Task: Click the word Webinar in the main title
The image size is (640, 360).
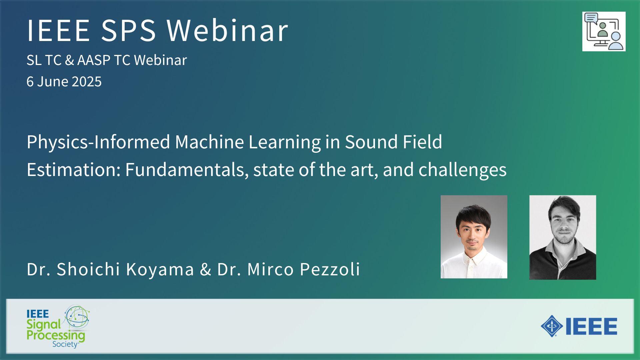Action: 227,30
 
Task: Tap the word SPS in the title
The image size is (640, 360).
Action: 128,30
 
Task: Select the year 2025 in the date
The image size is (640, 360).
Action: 86,82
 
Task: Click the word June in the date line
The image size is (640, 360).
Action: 52,82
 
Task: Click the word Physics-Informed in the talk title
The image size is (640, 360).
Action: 99,142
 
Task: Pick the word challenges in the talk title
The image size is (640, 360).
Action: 462,170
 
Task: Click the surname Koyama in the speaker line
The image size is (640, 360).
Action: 160,269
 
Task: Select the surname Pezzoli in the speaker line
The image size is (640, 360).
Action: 330,269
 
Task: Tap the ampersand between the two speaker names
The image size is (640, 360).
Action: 206,269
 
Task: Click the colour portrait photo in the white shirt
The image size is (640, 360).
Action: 474,237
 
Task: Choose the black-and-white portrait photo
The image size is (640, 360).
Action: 563,237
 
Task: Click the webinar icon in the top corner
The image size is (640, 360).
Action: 604,32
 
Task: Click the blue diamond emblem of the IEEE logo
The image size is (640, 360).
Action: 552,326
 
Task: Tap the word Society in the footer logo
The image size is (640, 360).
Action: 65,344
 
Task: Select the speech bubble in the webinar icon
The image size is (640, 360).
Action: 591,18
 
